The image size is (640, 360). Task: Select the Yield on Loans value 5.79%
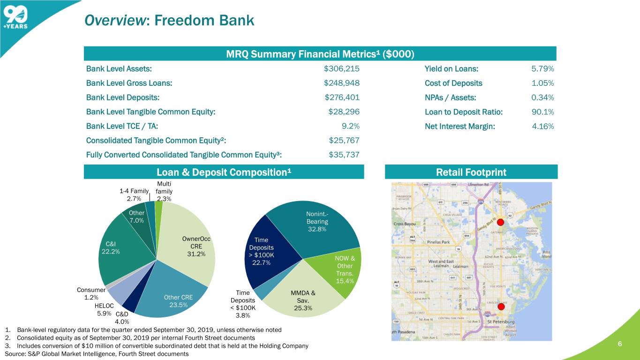coord(542,69)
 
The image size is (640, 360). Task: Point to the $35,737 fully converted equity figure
coord(344,155)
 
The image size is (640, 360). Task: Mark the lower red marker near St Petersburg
coord(500,307)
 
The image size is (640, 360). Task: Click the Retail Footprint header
coord(471,172)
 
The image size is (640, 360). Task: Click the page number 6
coord(619,344)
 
